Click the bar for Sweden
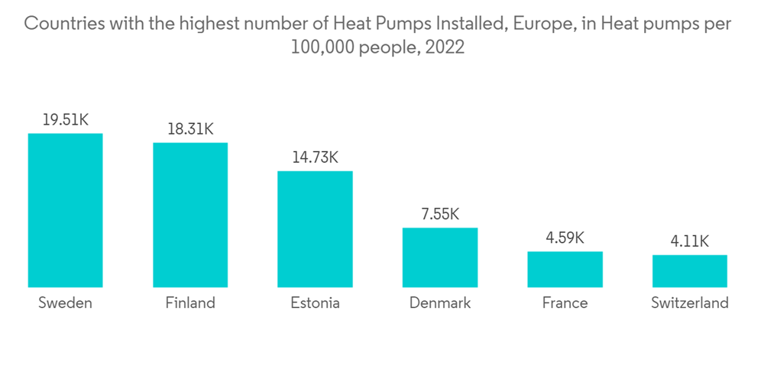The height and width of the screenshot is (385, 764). tap(65, 210)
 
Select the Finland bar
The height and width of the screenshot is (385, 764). tap(190, 215)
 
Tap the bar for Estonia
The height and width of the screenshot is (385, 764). tap(315, 228)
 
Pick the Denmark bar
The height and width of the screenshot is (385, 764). tap(440, 257)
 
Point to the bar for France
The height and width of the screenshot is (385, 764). tap(565, 269)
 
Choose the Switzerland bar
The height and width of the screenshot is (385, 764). tap(689, 270)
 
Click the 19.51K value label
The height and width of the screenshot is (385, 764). tap(65, 119)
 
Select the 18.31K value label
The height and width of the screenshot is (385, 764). tap(190, 129)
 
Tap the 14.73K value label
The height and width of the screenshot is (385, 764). tap(315, 157)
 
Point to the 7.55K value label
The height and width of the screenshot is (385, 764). tap(440, 214)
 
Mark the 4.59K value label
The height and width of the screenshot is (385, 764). tap(565, 238)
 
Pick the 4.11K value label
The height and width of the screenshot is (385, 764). tap(689, 241)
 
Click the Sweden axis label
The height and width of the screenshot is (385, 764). tap(65, 303)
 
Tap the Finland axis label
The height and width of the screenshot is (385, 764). tap(190, 303)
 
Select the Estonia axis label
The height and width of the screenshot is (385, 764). tap(315, 303)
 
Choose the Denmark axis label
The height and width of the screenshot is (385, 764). tap(440, 303)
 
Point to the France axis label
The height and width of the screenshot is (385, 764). tap(565, 303)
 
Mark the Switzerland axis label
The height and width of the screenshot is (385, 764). tap(689, 303)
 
